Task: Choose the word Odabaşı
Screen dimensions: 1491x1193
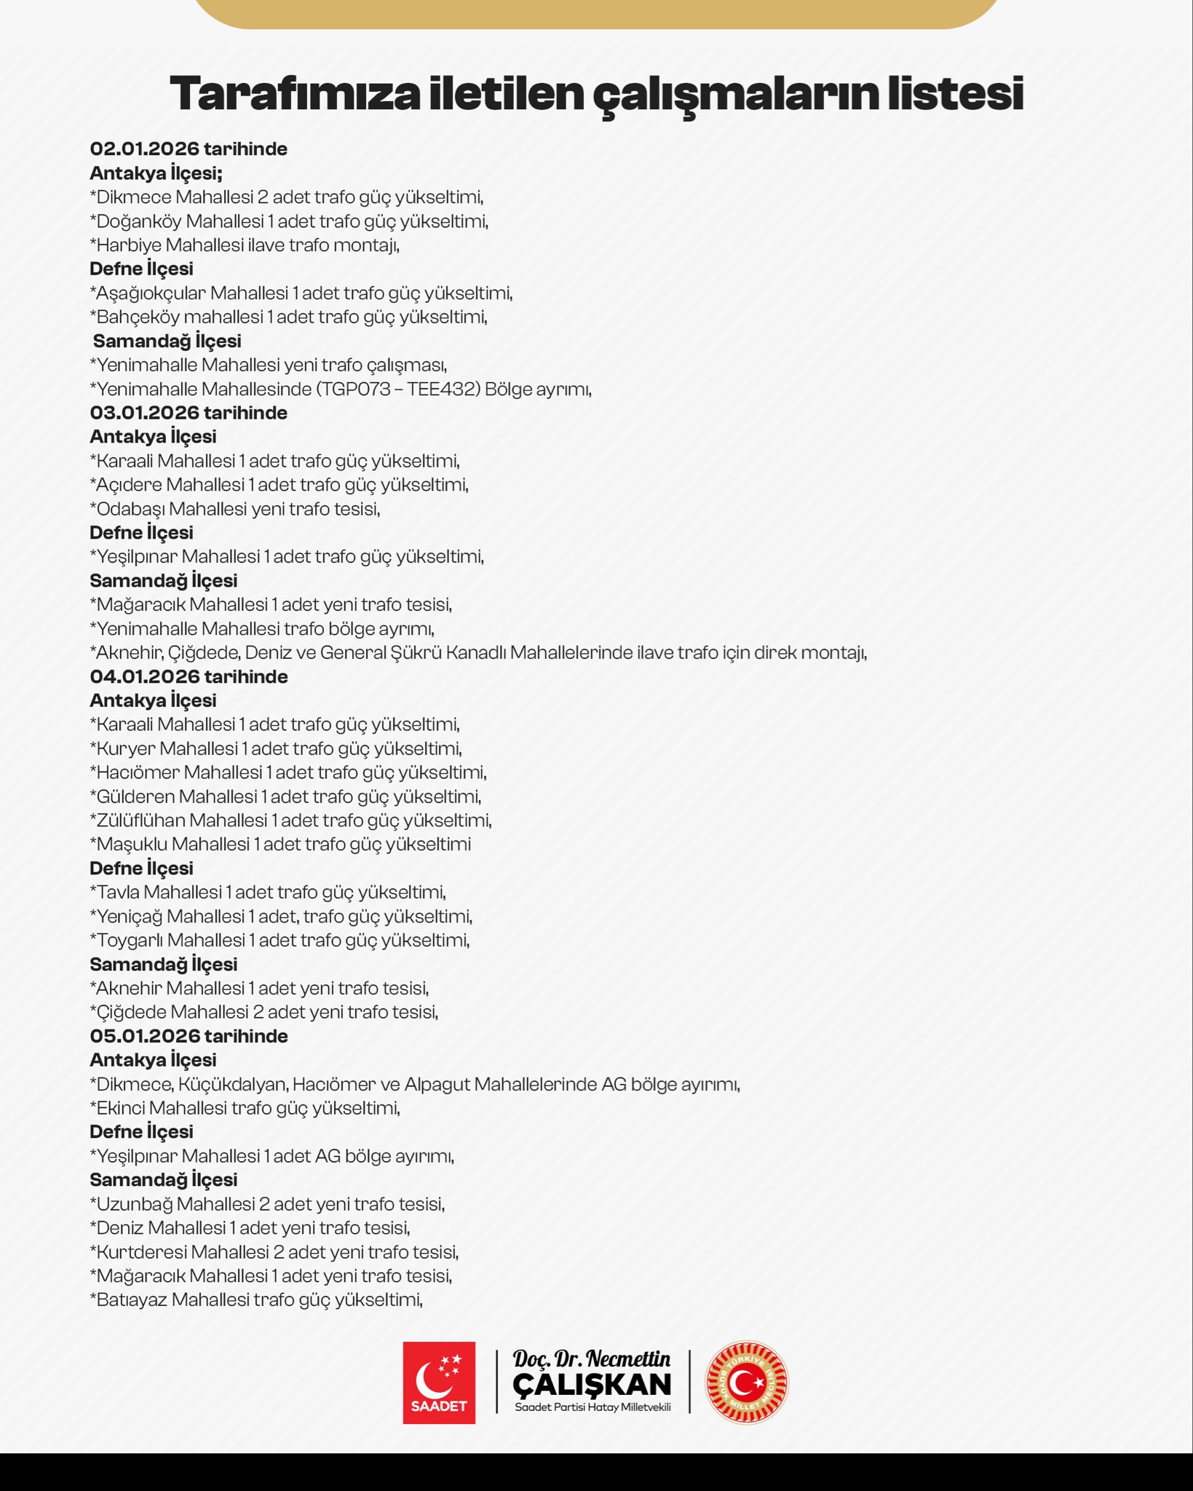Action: (x=130, y=509)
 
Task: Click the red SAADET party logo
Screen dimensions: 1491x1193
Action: (x=439, y=1383)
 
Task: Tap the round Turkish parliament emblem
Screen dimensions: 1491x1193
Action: (x=747, y=1383)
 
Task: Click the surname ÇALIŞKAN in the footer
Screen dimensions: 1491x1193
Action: (x=592, y=1384)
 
